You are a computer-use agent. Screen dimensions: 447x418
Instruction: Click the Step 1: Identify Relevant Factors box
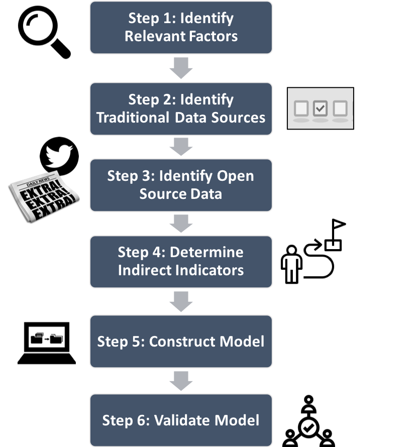181,28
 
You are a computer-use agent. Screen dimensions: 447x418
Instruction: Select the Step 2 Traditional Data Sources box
181,108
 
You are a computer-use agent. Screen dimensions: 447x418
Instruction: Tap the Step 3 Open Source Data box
181,185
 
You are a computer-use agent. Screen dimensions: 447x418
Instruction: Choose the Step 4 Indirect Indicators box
181,261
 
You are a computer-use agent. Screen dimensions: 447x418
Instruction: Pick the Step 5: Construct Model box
181,342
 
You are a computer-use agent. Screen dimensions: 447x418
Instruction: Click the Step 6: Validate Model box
181,420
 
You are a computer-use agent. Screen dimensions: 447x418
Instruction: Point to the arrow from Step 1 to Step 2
181,68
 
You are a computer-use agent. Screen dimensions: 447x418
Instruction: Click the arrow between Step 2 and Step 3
181,146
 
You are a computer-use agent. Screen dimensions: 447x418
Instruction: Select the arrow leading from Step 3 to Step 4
181,223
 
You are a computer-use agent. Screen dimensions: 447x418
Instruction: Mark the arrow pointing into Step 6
181,381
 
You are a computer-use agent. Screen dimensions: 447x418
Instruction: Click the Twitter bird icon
59,156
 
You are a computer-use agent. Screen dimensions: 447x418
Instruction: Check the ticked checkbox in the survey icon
320,108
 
